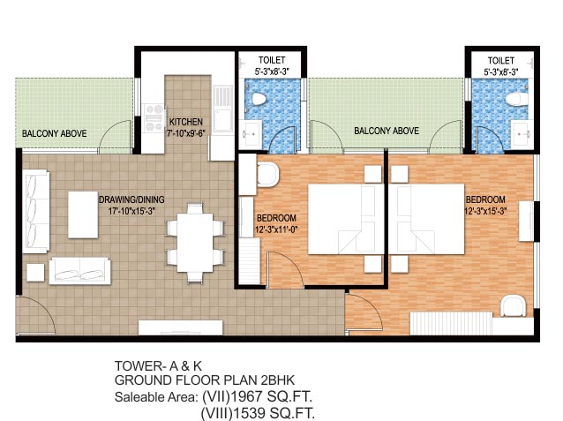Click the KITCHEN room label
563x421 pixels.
click(x=186, y=122)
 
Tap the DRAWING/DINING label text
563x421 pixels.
click(x=131, y=199)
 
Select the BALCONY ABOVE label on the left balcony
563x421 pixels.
click(x=54, y=133)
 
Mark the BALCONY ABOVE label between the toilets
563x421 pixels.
click(x=386, y=131)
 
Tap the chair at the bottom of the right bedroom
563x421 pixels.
click(x=512, y=306)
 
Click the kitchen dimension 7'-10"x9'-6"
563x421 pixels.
click(x=186, y=133)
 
